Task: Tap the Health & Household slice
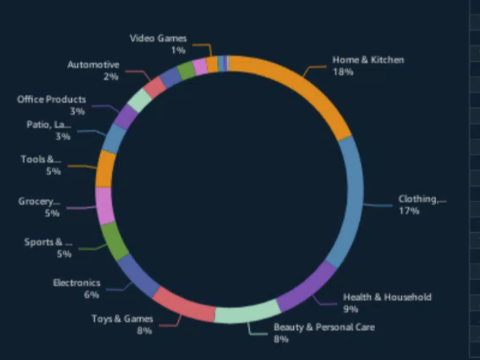coord(305,287)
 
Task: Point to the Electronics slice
coord(133,272)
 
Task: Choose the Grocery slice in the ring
coord(104,206)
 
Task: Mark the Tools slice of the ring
coord(106,168)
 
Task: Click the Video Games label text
coord(158,37)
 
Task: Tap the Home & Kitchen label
coord(368,60)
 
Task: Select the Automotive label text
coord(93,65)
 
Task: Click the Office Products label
coord(52,99)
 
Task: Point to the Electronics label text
coord(76,282)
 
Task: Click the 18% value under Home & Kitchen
coord(342,72)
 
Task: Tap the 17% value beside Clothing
coord(409,211)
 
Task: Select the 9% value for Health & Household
coord(350,309)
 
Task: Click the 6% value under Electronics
coord(91,295)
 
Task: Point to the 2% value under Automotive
coord(111,76)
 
